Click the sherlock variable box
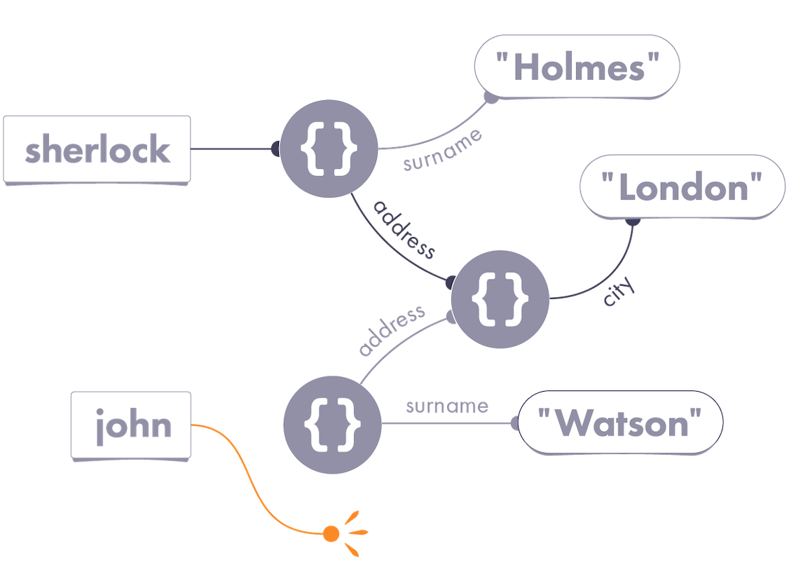point(97,150)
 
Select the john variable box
point(131,425)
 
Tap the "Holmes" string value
point(577,67)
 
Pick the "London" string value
point(681,188)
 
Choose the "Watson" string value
point(619,423)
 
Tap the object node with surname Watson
point(332,423)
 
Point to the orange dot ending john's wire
point(331,534)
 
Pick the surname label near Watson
point(446,406)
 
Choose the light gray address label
point(392,332)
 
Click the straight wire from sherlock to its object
point(231,149)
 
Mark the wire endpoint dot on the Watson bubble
point(515,423)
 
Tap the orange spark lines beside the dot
point(356,526)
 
